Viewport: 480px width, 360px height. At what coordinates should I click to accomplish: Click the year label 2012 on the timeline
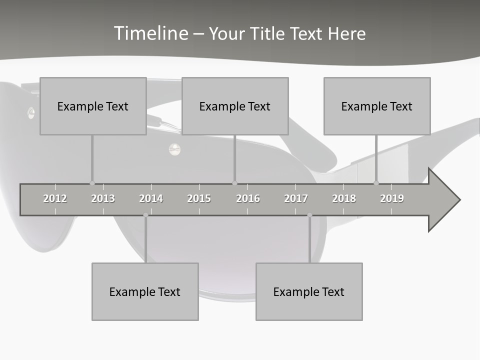pos(55,198)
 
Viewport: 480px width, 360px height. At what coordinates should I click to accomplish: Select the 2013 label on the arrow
pos(103,198)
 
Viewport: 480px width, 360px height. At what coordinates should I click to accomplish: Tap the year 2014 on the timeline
pos(151,198)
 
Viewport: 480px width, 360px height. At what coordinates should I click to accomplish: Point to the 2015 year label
pos(199,198)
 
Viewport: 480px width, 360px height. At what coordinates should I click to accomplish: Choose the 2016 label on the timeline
pos(248,198)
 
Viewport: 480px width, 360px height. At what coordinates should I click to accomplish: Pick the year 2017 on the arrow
pos(296,198)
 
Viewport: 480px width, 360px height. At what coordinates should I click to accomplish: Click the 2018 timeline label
pos(344,198)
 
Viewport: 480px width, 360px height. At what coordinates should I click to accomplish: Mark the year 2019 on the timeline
pos(392,198)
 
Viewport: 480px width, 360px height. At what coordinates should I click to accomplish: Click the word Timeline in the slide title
pos(150,33)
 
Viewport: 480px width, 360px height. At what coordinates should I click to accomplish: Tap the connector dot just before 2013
pos(92,183)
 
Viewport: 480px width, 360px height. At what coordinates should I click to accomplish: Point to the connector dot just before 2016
pos(234,183)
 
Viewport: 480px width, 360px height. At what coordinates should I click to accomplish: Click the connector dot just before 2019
pos(376,183)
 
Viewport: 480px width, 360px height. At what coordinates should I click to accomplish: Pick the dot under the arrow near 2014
pos(145,215)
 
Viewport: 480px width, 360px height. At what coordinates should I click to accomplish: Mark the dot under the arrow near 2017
pos(309,215)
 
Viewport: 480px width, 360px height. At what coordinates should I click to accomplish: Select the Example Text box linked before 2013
pos(93,106)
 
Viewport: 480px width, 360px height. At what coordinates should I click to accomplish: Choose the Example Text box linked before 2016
pos(235,106)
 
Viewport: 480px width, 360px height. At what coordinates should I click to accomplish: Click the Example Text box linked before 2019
pos(377,106)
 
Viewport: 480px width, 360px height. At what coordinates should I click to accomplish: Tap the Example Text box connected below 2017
pos(309,291)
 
